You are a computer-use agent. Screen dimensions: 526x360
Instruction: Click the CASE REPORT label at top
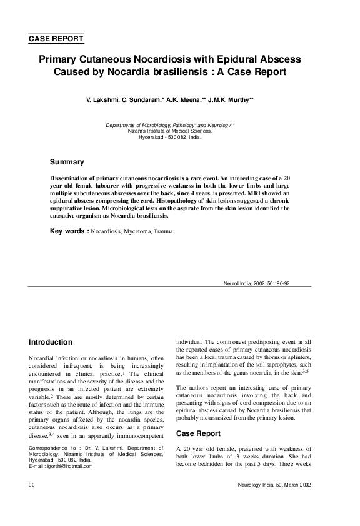(x=56, y=39)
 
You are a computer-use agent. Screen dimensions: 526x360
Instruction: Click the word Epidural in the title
(x=229, y=59)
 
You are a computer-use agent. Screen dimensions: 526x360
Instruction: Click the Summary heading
(x=67, y=163)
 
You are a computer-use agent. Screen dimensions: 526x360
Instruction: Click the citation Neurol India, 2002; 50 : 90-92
(x=256, y=283)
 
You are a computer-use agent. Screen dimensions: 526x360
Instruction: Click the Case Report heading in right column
(x=199, y=433)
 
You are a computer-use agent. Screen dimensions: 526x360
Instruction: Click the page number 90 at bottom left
(x=32, y=485)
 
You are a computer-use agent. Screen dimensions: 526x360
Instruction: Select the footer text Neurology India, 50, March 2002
(x=274, y=485)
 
